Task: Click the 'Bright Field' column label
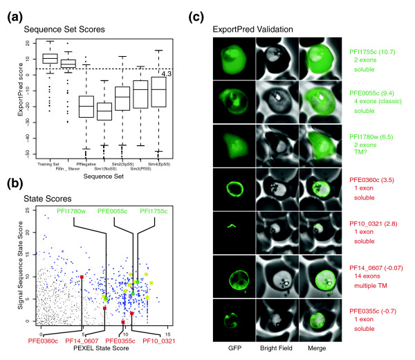click(x=274, y=352)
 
